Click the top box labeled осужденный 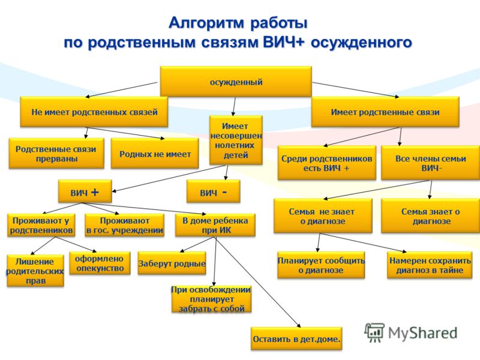(x=236, y=82)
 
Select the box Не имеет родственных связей (x=94, y=112)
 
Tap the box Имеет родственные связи (x=385, y=112)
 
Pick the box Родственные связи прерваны (x=56, y=153)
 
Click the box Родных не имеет (x=155, y=153)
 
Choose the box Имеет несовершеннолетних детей (x=236, y=140)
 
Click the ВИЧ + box (x=85, y=191)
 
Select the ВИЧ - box (x=213, y=191)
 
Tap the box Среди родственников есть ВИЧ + (x=326, y=163)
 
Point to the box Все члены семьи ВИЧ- (x=430, y=163)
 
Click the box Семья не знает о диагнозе (x=323, y=216)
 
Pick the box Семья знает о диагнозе (x=430, y=216)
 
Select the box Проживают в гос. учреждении (x=124, y=225)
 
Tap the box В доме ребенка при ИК (x=215, y=225)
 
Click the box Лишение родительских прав (x=35, y=271)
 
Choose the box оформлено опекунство (x=100, y=263)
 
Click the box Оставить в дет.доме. (x=296, y=338)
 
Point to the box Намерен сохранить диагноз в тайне (x=430, y=265)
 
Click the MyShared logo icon (x=374, y=332)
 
